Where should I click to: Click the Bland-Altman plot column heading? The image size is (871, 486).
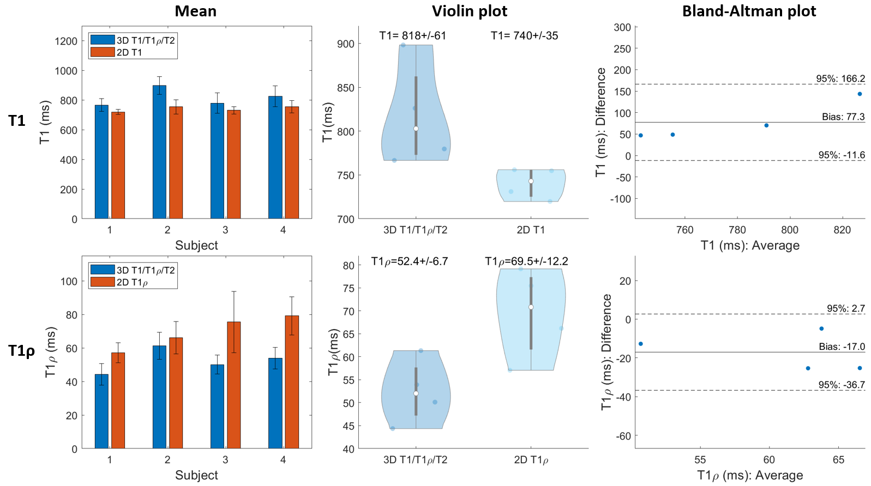[x=749, y=11]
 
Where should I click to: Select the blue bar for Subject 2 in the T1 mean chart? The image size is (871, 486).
[x=159, y=153]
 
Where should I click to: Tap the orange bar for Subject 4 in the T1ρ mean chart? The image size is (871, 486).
[x=292, y=381]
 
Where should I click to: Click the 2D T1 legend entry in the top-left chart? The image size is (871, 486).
[x=129, y=52]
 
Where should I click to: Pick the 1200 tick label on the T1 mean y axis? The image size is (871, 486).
[x=66, y=41]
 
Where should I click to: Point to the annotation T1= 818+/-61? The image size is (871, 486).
[x=413, y=36]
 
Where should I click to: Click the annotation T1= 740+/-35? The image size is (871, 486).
[x=524, y=36]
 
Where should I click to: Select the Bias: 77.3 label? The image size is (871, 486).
[x=843, y=117]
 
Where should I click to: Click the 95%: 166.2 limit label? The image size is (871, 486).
[x=840, y=78]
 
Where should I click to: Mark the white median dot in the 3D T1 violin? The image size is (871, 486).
[x=416, y=129]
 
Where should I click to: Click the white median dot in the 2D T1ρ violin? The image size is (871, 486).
[x=531, y=307]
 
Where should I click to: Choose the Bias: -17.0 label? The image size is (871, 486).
[x=842, y=347]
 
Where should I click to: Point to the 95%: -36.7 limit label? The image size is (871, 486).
[x=841, y=385]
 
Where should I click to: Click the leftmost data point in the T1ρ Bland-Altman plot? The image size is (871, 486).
[x=640, y=344]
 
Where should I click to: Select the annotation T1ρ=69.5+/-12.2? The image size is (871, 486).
[x=526, y=262]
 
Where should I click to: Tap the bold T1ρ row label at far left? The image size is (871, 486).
[x=21, y=351]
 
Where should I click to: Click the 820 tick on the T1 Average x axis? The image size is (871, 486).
[x=842, y=230]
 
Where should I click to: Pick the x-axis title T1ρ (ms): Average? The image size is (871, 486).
[x=750, y=475]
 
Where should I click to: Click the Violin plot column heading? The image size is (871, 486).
[x=469, y=11]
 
